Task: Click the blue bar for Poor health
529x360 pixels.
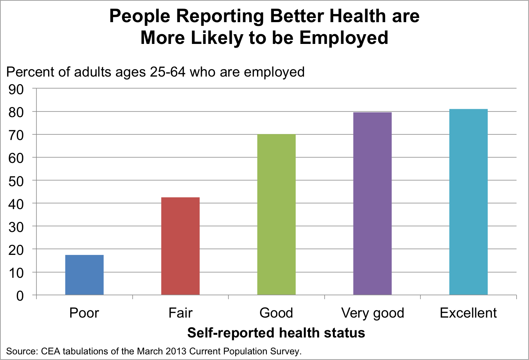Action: [x=84, y=275]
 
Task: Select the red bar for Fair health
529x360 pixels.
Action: [x=180, y=246]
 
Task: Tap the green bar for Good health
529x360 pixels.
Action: [x=277, y=214]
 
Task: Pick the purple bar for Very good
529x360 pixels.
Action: [x=372, y=203]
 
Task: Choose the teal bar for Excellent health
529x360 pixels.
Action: [x=469, y=202]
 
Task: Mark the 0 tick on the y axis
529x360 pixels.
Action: [x=20, y=296]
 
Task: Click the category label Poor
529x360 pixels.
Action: [x=84, y=313]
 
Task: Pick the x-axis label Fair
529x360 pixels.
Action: [x=180, y=313]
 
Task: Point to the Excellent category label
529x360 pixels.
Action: [x=468, y=313]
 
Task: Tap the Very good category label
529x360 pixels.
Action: [x=372, y=313]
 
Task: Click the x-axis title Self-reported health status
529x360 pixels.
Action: [x=276, y=333]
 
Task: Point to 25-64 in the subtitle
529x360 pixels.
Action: [x=168, y=72]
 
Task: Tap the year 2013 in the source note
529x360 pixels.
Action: [x=175, y=351]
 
